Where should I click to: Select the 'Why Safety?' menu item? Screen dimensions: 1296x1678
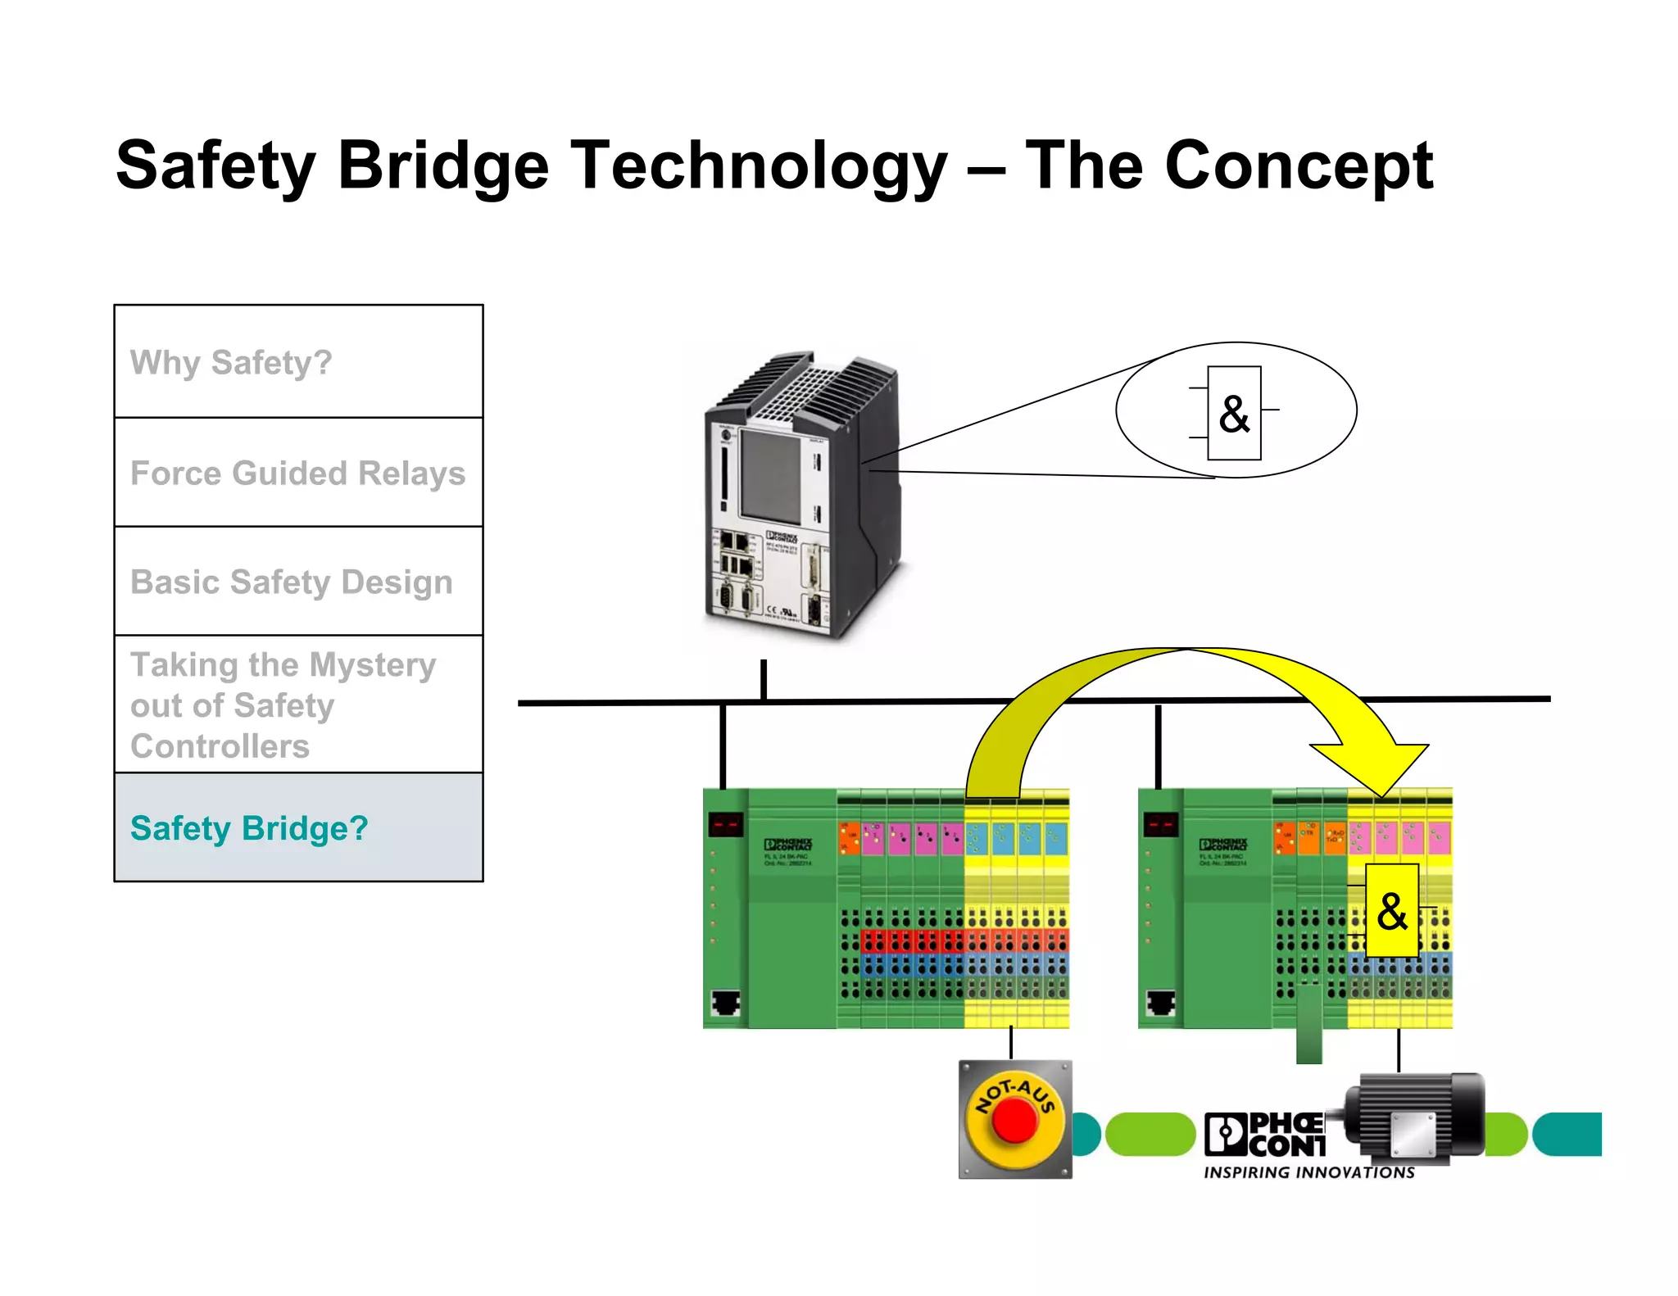click(x=231, y=362)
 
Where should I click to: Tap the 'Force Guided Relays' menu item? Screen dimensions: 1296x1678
click(x=297, y=474)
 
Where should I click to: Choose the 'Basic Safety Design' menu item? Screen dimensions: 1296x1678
click(x=291, y=582)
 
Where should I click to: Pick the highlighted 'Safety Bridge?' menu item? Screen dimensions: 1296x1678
click(x=249, y=828)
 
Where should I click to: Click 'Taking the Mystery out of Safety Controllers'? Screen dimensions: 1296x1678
click(x=283, y=705)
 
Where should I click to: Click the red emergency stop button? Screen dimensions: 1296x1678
click(x=1014, y=1120)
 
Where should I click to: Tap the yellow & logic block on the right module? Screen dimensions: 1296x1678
click(x=1392, y=911)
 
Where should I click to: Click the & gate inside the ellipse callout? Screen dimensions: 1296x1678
click(x=1234, y=414)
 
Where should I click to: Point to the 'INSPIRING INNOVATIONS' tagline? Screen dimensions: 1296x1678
click(x=1308, y=1173)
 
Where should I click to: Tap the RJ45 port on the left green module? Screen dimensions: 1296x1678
click(x=725, y=1002)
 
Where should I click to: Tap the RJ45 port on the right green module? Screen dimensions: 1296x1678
click(x=1160, y=1002)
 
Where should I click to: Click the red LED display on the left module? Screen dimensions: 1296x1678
click(x=725, y=823)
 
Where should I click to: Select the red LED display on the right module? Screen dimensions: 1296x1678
click(x=1160, y=823)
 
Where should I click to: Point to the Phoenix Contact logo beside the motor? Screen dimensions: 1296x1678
click(x=1265, y=1135)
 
